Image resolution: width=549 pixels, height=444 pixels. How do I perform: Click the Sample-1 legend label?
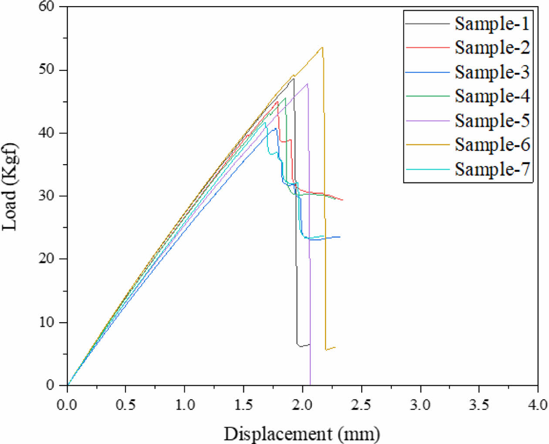(492, 24)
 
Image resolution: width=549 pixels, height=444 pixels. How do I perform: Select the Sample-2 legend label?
(492, 47)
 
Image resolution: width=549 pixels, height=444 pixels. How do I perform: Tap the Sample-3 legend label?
(492, 72)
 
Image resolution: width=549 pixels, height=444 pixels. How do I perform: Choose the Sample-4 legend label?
(492, 96)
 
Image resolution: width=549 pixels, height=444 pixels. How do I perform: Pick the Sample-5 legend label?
(492, 120)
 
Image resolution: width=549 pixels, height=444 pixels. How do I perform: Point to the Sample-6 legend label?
(492, 144)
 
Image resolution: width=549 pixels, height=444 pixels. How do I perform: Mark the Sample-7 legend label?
(492, 168)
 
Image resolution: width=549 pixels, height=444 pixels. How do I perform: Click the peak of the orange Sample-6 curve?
(322, 47)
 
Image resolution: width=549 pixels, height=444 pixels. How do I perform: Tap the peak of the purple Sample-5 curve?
(307, 84)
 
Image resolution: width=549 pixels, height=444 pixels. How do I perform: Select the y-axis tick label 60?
(46, 7)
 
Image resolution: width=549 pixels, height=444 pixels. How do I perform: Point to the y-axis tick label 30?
(46, 196)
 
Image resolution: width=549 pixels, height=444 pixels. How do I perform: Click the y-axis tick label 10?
(46, 322)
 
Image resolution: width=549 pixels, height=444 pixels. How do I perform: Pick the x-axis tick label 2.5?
(361, 405)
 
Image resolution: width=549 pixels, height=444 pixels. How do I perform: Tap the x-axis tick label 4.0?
(537, 405)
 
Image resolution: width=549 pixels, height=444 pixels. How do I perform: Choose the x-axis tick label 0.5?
(125, 405)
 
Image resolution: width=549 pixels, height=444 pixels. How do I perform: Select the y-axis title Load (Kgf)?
(10, 186)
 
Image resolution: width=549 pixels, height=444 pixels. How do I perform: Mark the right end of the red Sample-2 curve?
(342, 200)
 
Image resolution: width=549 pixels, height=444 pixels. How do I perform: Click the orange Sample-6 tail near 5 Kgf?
(330, 349)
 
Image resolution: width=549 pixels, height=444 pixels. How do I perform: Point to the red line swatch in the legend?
(427, 47)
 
